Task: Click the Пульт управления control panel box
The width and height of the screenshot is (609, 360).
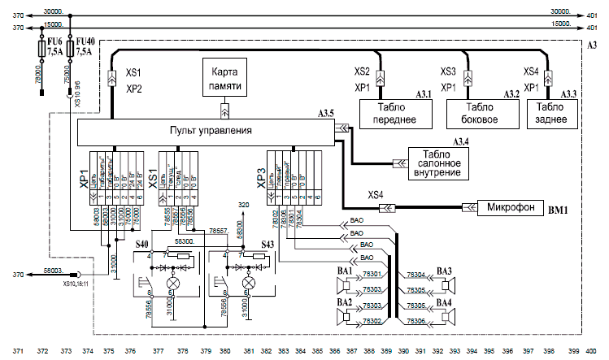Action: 210,131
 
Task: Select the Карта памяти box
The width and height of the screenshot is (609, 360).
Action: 225,79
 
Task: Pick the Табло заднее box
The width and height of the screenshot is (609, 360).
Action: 550,113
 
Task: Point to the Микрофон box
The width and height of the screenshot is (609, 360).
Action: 511,206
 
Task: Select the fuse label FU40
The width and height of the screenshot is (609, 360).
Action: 84,39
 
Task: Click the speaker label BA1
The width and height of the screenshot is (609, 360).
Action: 345,271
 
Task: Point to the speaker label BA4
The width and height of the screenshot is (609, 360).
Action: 444,302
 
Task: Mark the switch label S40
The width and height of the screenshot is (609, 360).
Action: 141,244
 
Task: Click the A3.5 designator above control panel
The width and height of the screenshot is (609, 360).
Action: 327,113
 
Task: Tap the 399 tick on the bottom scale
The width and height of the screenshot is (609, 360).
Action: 574,351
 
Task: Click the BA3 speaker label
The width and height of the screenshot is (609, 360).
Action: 444,271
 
